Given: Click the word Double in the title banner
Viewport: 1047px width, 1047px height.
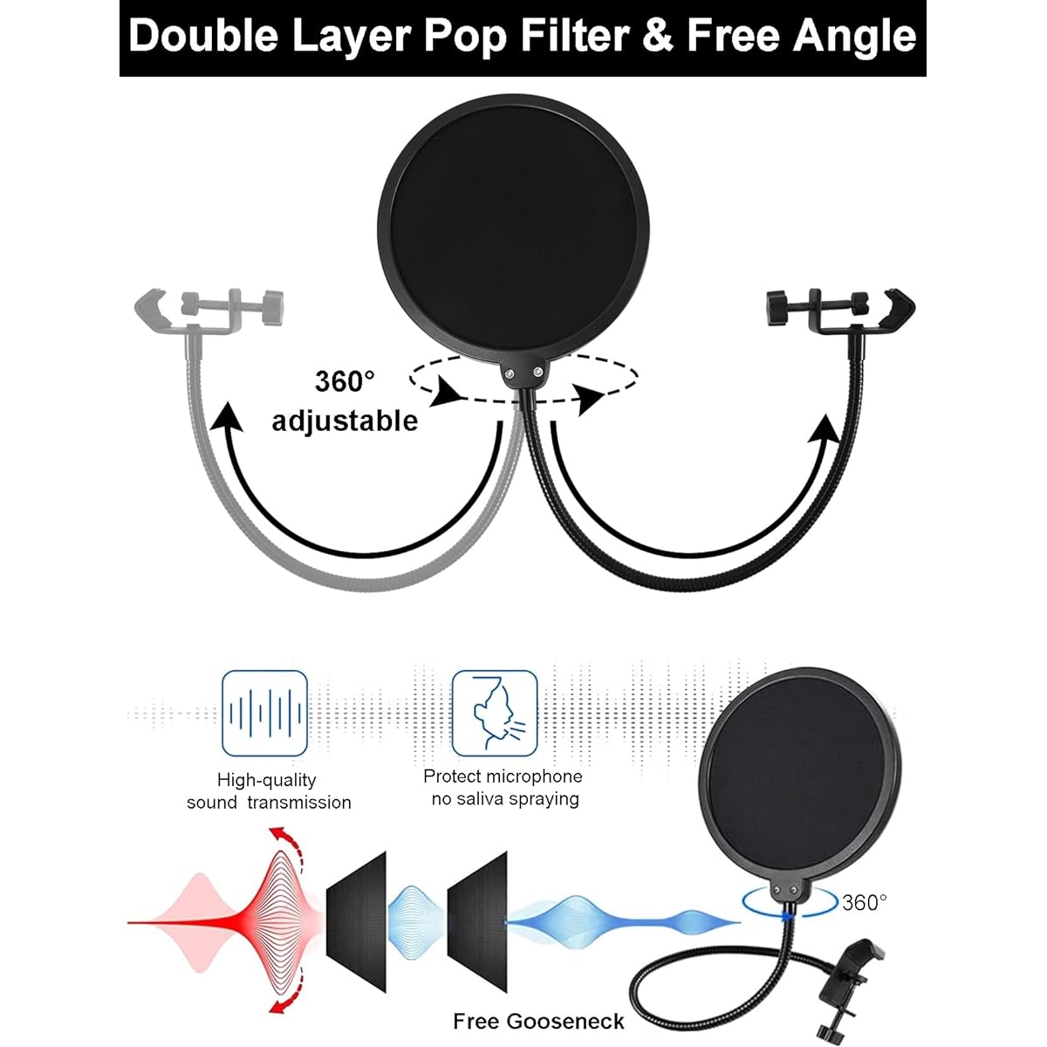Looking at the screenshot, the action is (202, 36).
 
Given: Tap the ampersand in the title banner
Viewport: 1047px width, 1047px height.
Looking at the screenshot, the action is (659, 36).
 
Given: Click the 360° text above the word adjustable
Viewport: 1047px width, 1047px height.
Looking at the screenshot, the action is (345, 381).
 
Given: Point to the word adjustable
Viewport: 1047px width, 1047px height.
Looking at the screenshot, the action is (345, 421).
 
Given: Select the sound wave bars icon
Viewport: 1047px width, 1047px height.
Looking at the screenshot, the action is (264, 713).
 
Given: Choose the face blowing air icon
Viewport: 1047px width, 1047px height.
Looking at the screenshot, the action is (495, 713).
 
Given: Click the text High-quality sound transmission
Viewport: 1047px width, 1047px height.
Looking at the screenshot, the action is (269, 791).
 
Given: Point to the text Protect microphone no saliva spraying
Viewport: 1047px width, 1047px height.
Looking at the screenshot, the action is (503, 787).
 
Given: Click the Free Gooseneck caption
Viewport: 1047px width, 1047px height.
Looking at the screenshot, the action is (538, 1022).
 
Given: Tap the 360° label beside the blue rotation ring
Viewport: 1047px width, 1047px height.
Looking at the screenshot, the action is (865, 902).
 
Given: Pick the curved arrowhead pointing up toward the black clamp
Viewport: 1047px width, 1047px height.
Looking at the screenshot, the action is (825, 428).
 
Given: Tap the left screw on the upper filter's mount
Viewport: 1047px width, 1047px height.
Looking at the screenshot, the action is (510, 373).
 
